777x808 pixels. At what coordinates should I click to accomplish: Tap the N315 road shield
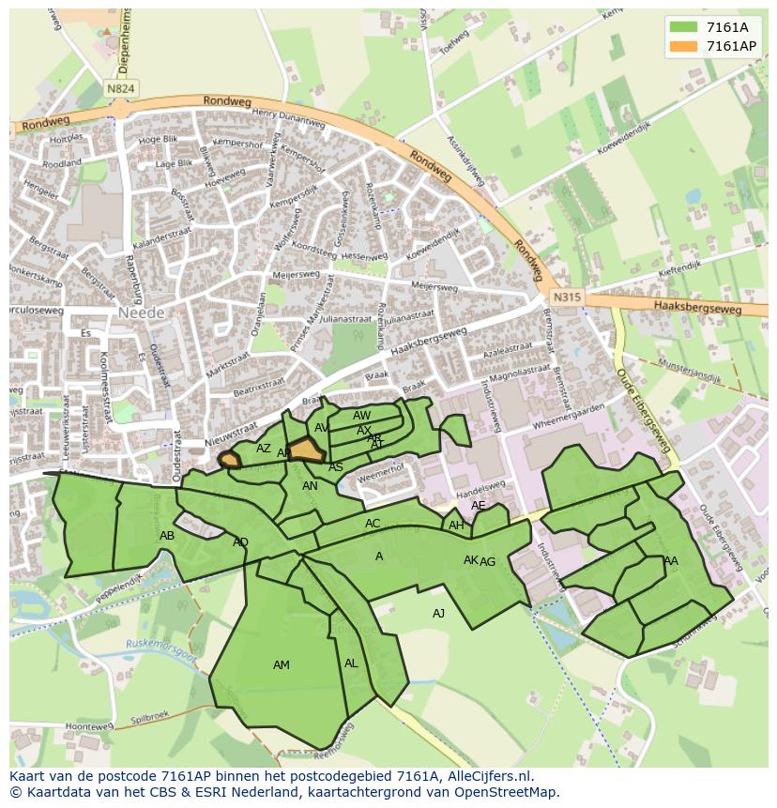[567, 297]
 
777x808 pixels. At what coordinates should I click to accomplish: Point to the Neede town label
[142, 312]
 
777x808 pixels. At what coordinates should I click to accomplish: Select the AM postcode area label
[282, 665]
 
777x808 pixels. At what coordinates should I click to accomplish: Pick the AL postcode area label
[351, 663]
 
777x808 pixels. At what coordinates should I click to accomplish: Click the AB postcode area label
[167, 536]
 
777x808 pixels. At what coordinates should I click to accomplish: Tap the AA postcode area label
[670, 561]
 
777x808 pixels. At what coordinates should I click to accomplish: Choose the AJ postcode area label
[438, 614]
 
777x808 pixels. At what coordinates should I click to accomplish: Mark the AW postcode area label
[362, 416]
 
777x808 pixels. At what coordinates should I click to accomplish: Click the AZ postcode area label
[264, 449]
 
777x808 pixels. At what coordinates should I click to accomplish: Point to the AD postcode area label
[240, 542]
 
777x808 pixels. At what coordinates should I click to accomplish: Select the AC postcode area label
[373, 524]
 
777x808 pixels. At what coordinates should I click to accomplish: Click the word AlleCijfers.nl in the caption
[488, 776]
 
